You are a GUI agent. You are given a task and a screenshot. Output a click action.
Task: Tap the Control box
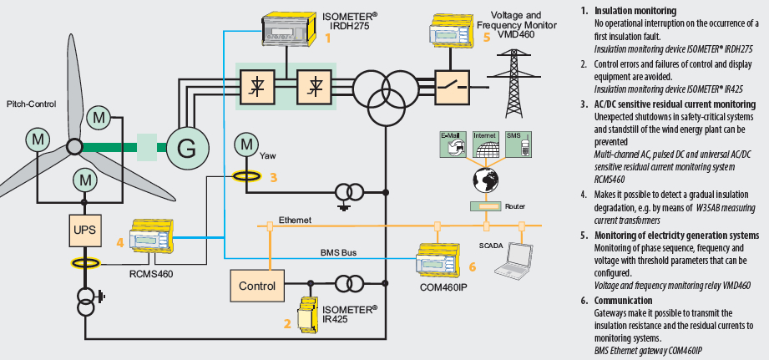256,286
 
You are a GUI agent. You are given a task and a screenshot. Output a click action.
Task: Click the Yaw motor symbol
246,145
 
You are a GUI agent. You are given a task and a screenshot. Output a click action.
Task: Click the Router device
486,205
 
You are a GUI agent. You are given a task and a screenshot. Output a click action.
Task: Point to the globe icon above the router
486,178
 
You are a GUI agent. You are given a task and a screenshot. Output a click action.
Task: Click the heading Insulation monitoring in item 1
635,10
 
